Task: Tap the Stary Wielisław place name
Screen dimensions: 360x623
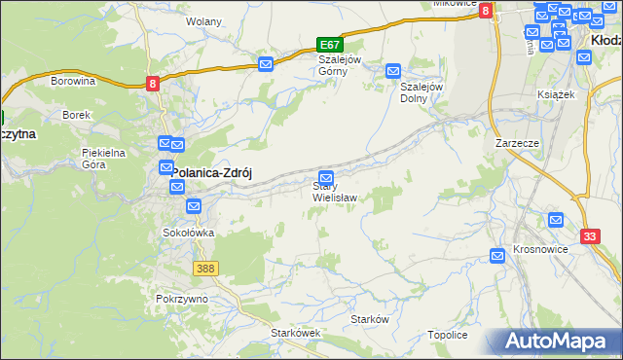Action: coord(334,192)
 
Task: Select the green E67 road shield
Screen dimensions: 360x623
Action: coord(330,45)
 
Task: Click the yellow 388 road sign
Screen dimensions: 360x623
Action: coord(205,268)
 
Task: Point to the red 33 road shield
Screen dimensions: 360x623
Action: coord(590,236)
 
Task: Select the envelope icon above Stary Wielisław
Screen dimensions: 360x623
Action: coord(327,178)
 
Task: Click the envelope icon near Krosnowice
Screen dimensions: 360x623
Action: coord(497,255)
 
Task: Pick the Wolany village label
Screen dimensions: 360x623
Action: coord(203,21)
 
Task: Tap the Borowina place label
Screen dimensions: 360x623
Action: coord(72,82)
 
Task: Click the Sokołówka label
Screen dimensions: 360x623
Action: coord(188,234)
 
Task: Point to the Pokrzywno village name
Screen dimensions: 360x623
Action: coord(181,299)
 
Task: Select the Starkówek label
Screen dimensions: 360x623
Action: coord(296,333)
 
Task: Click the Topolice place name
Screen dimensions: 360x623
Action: coord(448,335)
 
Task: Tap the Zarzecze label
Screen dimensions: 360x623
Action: coord(517,142)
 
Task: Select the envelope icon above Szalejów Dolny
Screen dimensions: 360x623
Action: coord(393,71)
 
